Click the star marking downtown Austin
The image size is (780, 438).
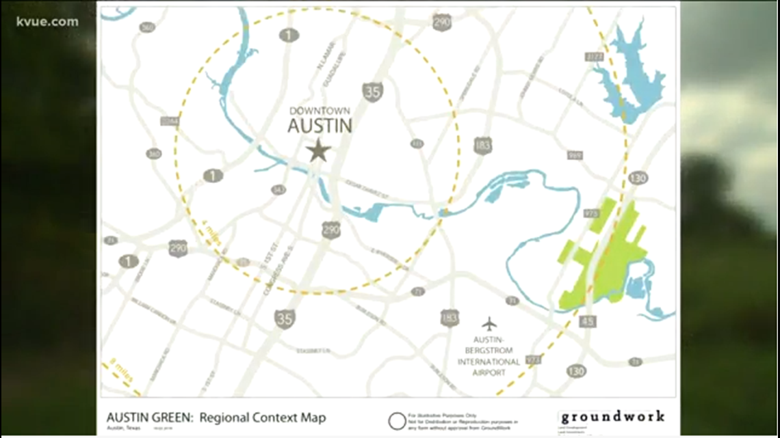318,150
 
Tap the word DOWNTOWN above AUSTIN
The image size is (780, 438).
320,111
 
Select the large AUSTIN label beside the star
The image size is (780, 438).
320,126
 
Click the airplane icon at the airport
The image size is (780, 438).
489,323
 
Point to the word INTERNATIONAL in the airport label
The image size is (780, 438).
489,361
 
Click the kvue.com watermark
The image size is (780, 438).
47,21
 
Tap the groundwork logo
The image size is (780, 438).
611,417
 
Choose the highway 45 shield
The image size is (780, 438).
588,320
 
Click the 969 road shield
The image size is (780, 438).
575,156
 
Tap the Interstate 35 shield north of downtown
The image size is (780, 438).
372,92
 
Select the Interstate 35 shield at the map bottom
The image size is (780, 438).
285,318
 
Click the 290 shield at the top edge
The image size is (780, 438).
441,22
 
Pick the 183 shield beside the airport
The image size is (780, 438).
450,317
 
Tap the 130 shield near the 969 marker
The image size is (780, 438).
638,178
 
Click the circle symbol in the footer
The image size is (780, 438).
397,421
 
